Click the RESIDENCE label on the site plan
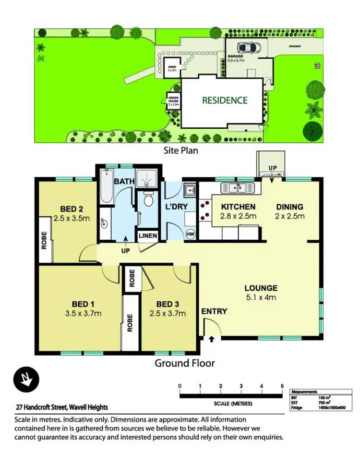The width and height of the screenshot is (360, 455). [x=225, y=100]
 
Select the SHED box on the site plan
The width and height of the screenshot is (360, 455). [x=171, y=67]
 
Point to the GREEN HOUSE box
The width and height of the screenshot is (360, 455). [x=173, y=101]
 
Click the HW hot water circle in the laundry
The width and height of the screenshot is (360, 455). [x=190, y=234]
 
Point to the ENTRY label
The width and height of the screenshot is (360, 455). [x=214, y=311]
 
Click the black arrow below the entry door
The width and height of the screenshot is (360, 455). [x=212, y=339]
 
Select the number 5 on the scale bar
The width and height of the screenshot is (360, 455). [x=282, y=386]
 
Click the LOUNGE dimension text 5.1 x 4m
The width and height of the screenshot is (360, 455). [x=261, y=298]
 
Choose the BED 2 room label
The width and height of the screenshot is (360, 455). [x=72, y=209]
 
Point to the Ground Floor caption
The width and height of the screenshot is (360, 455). [x=184, y=363]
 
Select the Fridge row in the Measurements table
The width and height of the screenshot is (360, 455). [x=317, y=408]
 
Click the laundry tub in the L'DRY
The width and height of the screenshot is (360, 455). [x=190, y=191]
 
